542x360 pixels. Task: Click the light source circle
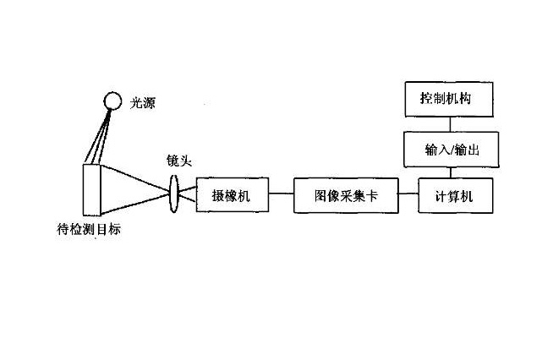112,101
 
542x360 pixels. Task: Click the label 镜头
179,160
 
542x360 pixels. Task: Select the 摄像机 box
233,196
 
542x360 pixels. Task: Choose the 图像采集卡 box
345,196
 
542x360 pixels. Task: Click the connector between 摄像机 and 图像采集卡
282,196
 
